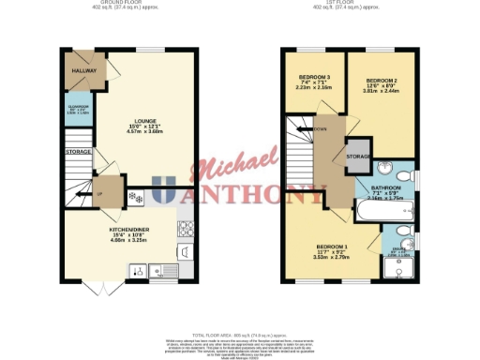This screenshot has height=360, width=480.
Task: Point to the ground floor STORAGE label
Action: [78, 152]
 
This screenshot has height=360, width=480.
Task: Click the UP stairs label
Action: [99, 196]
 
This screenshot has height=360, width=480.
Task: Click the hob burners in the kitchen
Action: [186, 227]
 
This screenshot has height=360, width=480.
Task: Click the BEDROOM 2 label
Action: [382, 82]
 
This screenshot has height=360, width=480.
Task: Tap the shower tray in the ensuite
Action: [404, 269]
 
